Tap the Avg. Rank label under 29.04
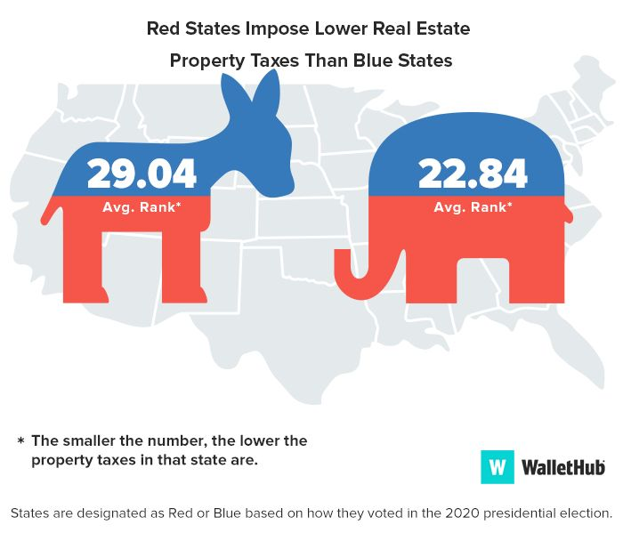[142, 207]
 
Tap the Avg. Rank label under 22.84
[473, 207]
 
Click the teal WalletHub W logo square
[498, 466]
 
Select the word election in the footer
[584, 513]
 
